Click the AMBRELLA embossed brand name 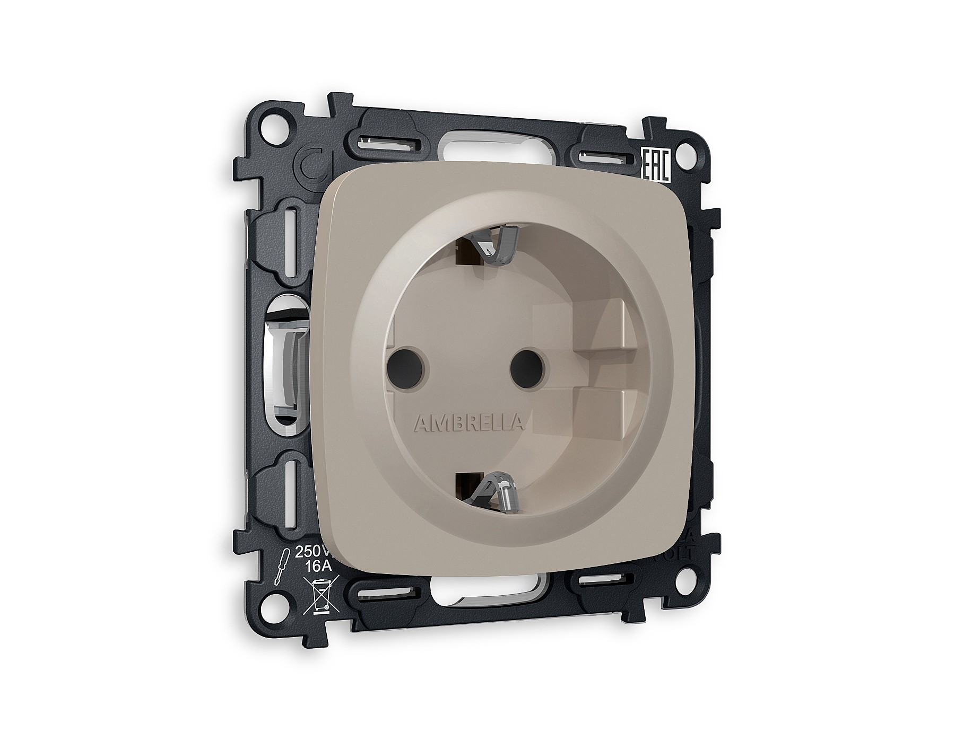469,408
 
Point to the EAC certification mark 657,165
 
